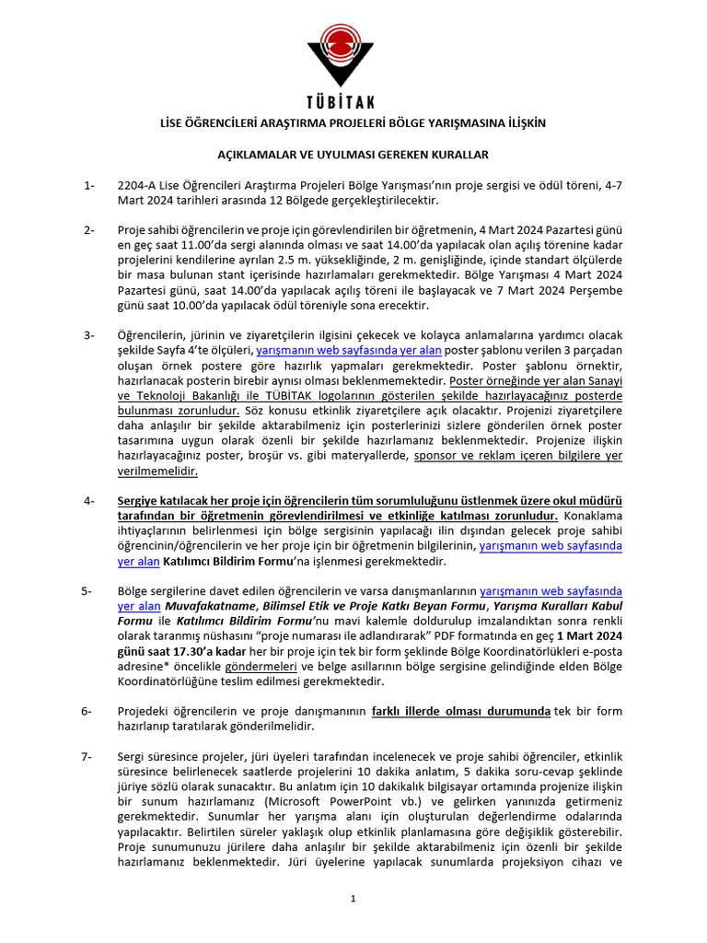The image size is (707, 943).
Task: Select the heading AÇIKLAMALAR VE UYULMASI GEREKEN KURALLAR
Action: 353,155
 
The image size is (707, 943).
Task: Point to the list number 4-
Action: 88,501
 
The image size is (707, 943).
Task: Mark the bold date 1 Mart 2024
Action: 585,636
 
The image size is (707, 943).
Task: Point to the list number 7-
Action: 88,756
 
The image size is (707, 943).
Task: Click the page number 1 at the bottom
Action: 353,899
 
